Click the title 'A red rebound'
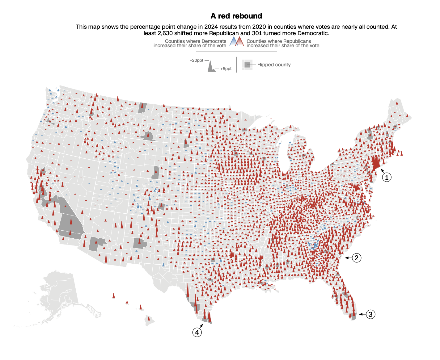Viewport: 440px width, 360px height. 236,16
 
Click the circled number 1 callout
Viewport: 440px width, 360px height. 387,177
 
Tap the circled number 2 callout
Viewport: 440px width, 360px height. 357,258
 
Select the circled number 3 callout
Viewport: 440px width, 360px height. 370,314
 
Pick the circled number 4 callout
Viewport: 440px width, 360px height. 197,332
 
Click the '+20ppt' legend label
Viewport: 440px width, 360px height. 197,61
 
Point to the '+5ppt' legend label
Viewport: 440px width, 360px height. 226,69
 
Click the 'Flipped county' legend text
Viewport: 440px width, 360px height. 274,65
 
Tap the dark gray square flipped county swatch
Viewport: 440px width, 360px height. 247,65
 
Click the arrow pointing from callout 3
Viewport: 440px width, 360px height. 362,314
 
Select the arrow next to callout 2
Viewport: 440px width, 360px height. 348,258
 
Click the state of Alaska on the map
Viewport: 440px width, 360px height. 59,293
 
